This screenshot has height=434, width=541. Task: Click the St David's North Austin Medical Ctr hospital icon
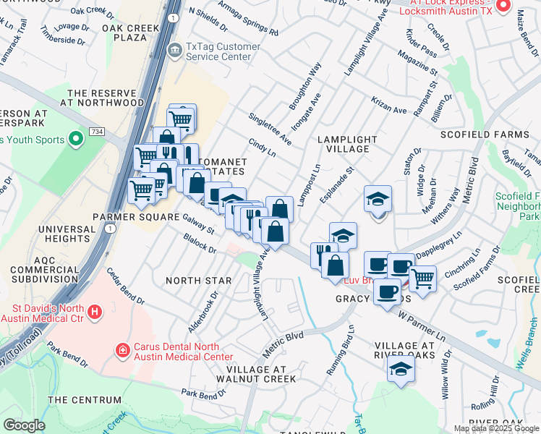95,312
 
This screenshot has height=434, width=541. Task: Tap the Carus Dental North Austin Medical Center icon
124,351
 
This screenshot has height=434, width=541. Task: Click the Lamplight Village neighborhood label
347,144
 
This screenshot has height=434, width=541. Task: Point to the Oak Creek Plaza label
135,33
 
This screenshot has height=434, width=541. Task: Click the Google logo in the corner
23,425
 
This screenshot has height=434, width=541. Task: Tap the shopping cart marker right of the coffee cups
422,278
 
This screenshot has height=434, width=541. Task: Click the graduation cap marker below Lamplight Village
378,200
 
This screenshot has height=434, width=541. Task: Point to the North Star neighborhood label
199,281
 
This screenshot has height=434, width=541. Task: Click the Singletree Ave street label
270,129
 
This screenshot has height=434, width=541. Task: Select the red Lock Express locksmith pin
504,7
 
